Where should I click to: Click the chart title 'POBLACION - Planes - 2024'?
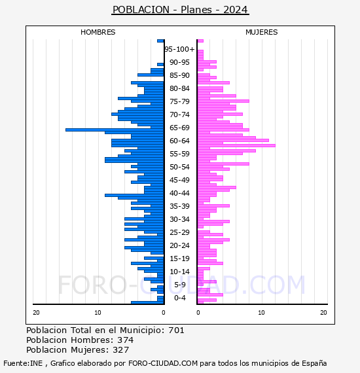(180, 10)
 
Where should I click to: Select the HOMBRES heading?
(98, 32)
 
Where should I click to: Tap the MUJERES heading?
(262, 32)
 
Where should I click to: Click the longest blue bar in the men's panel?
(115, 130)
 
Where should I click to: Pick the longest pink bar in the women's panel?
(236, 145)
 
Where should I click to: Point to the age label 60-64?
(179, 141)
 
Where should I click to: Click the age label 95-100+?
(179, 49)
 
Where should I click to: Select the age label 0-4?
(180, 298)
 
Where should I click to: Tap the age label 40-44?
(179, 193)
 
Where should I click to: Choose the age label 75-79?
(179, 101)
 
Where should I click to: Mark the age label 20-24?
(179, 245)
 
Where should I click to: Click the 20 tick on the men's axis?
(36, 313)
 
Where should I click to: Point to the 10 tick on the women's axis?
(261, 313)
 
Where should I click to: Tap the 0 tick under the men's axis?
(164, 313)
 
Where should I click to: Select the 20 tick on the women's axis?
(323, 313)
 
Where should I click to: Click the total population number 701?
(176, 330)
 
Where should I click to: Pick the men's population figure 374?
(126, 340)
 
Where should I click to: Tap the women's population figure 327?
(121, 349)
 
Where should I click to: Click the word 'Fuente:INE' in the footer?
(23, 363)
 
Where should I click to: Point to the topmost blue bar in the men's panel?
(160, 41)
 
